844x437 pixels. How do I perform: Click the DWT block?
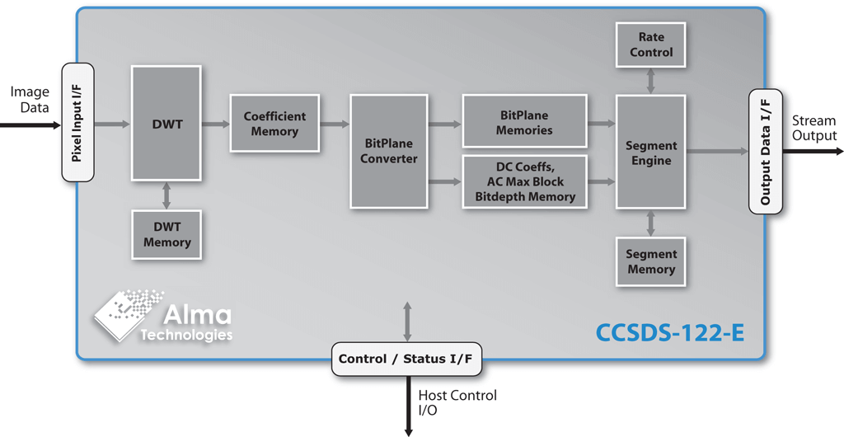(x=166, y=124)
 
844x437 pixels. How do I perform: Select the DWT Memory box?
(x=166, y=235)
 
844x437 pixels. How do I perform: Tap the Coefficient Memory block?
(x=274, y=124)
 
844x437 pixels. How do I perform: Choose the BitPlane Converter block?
(x=389, y=151)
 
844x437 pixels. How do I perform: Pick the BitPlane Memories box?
(x=524, y=123)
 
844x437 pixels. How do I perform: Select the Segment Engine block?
(x=651, y=153)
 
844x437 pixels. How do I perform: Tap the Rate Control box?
(x=651, y=45)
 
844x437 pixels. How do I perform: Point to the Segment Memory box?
(x=651, y=261)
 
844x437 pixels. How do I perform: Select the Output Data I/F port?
(x=766, y=152)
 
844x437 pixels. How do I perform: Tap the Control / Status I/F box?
(x=407, y=359)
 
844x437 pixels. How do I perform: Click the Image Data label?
(x=30, y=100)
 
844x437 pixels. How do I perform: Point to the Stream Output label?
(x=814, y=128)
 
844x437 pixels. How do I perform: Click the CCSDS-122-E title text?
(x=669, y=334)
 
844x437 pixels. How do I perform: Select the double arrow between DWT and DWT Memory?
(x=166, y=195)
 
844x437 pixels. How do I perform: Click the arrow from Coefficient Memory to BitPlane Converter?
(x=334, y=125)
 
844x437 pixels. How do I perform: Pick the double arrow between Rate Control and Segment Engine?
(x=651, y=81)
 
